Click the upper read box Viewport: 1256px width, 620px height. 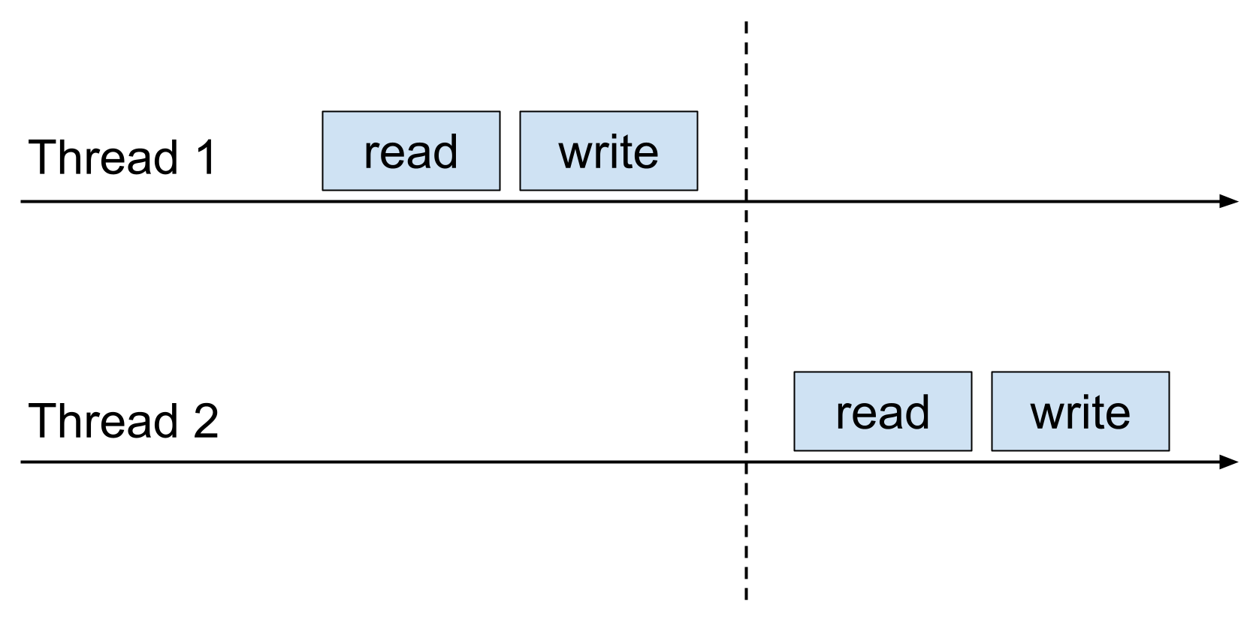[x=411, y=151]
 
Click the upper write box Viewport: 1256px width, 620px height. [x=608, y=151]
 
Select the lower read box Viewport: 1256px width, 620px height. [x=883, y=411]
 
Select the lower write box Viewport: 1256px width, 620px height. [x=1080, y=411]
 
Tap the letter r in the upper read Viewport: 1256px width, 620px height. [x=370, y=154]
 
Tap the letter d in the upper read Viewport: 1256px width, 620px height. [x=445, y=152]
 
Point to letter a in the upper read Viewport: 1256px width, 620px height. [x=420, y=154]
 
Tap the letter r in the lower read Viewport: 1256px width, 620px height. [x=842, y=414]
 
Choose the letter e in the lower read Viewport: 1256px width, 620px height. [x=865, y=414]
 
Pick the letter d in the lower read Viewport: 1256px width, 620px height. [x=917, y=413]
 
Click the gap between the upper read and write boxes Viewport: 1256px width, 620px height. [x=510, y=151]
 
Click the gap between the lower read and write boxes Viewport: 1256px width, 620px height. [x=982, y=411]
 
